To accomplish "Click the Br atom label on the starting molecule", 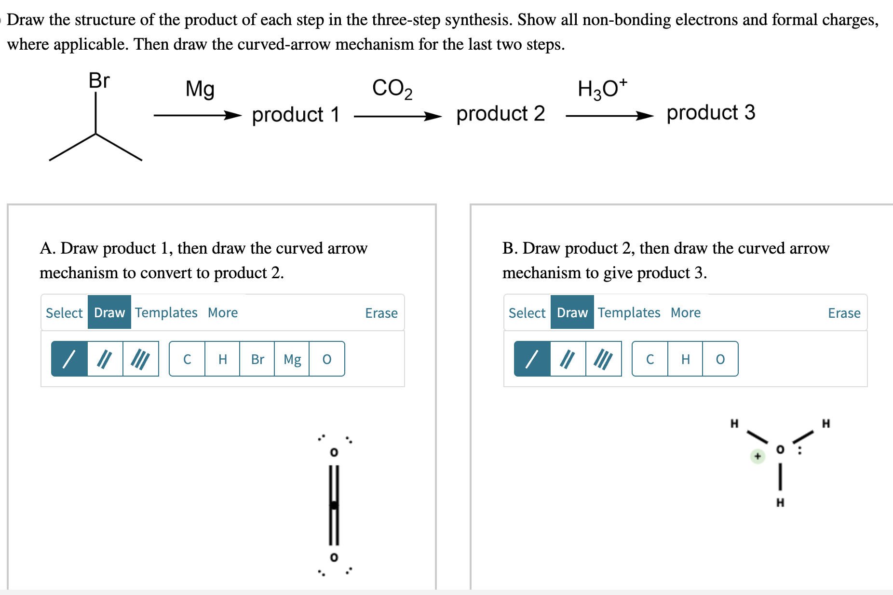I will click(99, 81).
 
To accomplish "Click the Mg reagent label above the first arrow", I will click(200, 89).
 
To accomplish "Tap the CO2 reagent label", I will click(392, 89).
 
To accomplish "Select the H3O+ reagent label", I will click(602, 88).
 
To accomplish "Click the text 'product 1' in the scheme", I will click(296, 115).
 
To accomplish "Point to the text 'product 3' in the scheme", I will click(711, 113).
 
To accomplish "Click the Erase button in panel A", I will click(381, 313).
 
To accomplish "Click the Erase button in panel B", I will click(844, 313).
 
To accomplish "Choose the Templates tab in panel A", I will click(166, 312).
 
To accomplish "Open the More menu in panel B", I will click(686, 312).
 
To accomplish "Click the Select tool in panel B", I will click(527, 313).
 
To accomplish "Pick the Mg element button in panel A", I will click(292, 359).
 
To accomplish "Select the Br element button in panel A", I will click(257, 359).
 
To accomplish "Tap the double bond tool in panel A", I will click(105, 359).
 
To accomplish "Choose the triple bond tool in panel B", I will click(604, 359).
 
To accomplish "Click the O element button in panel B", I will click(720, 359).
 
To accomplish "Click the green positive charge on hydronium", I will click(758, 456).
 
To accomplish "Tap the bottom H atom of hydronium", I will click(780, 502).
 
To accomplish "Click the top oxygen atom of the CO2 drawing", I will click(334, 452).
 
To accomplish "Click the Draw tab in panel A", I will click(109, 312).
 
